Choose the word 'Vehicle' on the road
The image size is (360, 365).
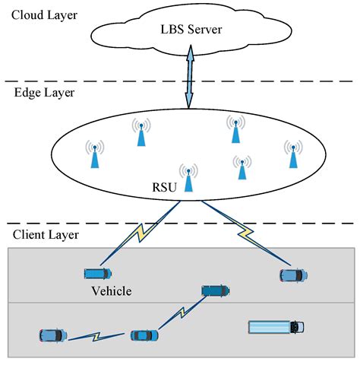(x=112, y=290)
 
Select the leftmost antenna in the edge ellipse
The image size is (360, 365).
(x=94, y=154)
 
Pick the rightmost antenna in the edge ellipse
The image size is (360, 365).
(x=292, y=154)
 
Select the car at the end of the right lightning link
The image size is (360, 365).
(x=293, y=275)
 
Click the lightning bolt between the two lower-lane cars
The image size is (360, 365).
(x=98, y=335)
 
